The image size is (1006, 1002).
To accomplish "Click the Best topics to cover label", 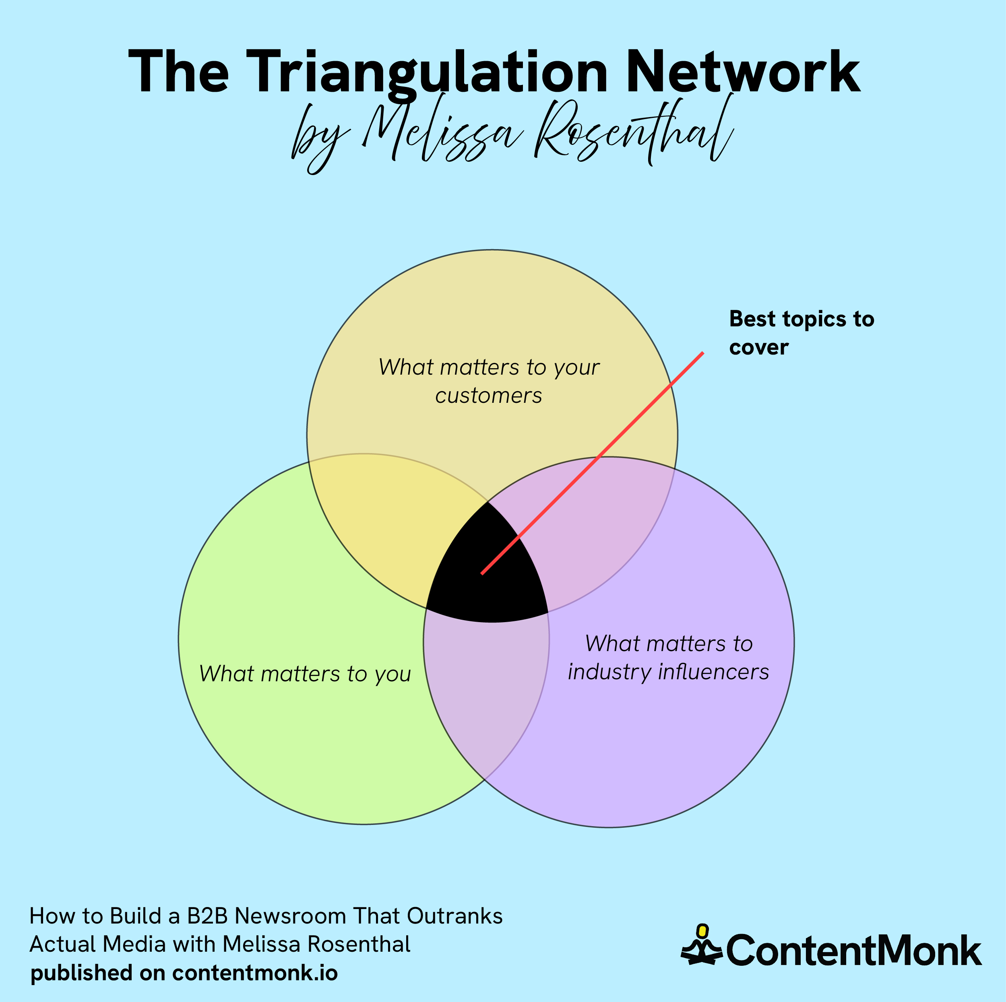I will (801, 333).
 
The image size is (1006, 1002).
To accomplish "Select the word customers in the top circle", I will (488, 396).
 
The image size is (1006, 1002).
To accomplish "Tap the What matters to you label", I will (305, 674).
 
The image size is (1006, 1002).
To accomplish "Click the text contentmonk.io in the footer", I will (255, 973).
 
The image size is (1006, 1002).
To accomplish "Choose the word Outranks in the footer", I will (454, 916).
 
